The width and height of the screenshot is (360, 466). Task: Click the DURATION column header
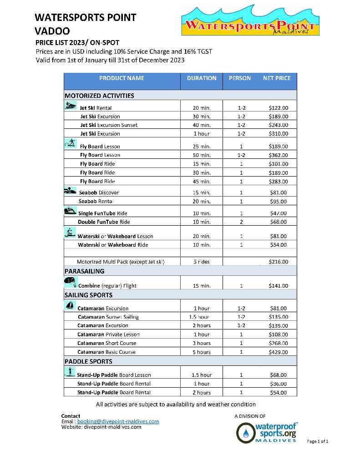click(x=202, y=78)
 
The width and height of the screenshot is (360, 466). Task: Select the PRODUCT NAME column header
click(x=122, y=78)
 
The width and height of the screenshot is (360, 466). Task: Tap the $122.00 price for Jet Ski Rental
click(x=279, y=108)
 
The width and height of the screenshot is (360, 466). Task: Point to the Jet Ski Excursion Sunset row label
click(x=109, y=125)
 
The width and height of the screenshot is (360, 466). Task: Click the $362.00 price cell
click(x=279, y=155)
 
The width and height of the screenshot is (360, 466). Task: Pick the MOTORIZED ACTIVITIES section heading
click(x=99, y=96)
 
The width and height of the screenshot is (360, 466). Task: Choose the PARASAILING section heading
click(x=85, y=271)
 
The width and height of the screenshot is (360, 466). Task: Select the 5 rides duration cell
click(x=201, y=262)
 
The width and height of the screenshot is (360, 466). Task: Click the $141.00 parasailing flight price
click(x=279, y=286)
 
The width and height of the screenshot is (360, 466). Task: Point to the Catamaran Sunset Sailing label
click(x=108, y=317)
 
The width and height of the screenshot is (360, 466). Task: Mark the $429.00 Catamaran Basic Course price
click(x=279, y=352)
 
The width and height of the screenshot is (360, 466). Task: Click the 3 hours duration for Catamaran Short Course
click(x=201, y=343)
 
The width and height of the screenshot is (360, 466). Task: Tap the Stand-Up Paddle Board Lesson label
click(x=114, y=375)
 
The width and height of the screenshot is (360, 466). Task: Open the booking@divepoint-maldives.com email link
click(x=118, y=421)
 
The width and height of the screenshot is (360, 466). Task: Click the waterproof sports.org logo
click(x=267, y=433)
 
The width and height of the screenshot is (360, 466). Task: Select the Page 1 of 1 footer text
click(x=318, y=441)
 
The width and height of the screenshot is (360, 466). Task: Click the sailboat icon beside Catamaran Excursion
click(x=70, y=305)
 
